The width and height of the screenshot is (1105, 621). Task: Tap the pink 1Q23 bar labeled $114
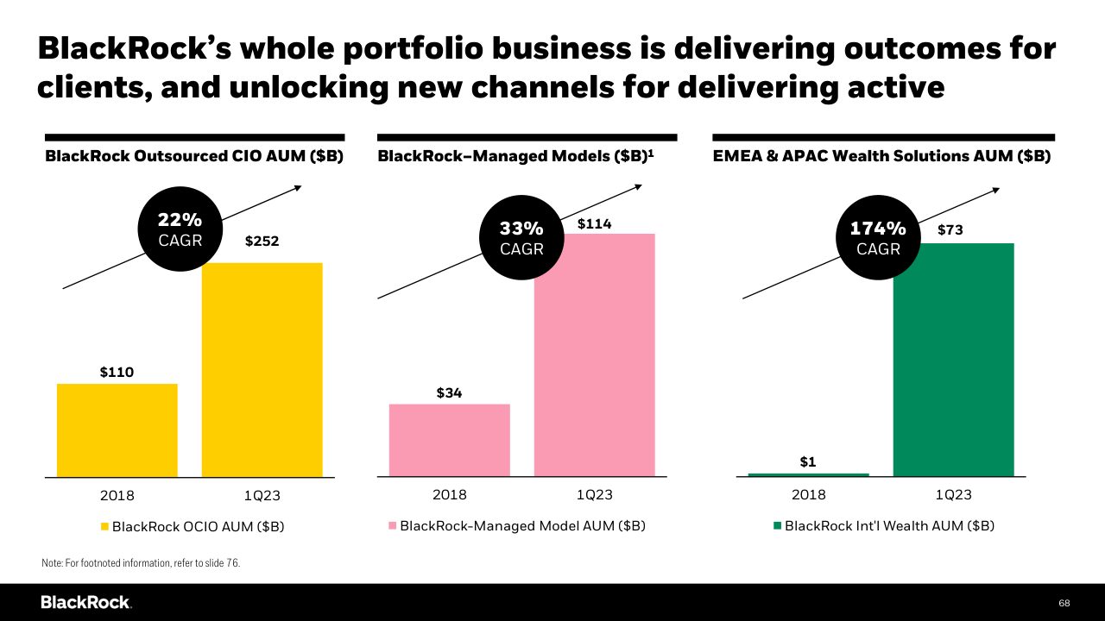tap(594, 354)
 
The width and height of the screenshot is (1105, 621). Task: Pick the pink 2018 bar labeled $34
tap(449, 440)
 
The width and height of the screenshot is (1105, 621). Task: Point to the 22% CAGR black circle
tap(180, 229)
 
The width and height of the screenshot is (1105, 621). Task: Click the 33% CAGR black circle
tap(521, 238)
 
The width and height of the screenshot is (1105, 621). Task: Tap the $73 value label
tap(950, 230)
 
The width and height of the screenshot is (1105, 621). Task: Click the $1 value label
tap(808, 462)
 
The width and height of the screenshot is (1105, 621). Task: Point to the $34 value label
tap(449, 393)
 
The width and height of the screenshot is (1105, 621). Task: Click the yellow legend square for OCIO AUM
tap(105, 526)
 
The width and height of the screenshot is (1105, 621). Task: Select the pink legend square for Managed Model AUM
tap(393, 525)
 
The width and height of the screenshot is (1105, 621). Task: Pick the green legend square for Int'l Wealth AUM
tap(777, 525)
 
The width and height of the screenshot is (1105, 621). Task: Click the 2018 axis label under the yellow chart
tap(117, 496)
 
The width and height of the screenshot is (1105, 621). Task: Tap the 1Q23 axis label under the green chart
tap(953, 495)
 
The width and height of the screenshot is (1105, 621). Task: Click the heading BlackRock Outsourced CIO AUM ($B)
tap(194, 157)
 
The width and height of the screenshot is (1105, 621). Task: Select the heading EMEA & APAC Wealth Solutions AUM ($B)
tap(881, 157)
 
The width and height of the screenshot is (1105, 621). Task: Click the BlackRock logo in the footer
tap(85, 602)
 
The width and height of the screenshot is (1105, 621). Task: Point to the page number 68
tap(1064, 602)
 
